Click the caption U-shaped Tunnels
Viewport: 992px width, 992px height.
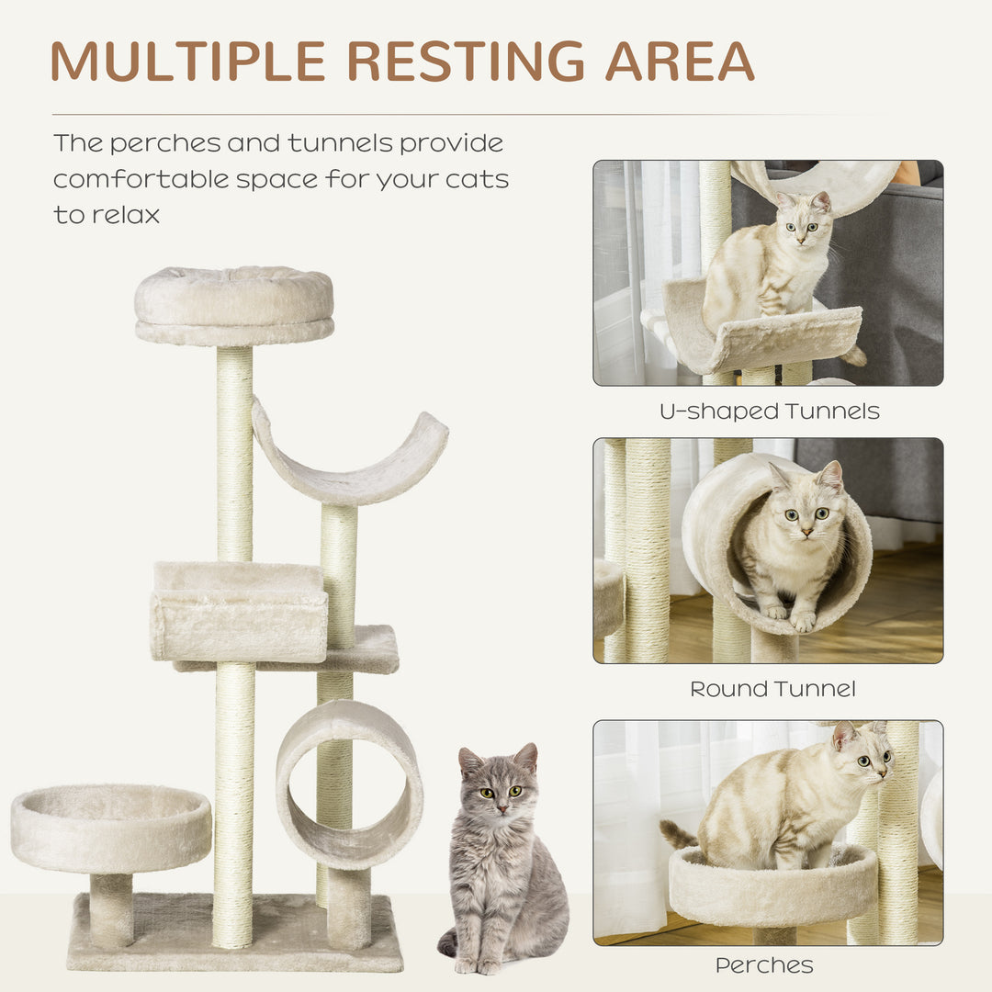(769, 411)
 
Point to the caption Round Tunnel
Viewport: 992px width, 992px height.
(772, 689)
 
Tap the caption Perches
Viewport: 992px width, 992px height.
(764, 965)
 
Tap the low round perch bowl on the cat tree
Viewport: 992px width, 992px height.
(111, 827)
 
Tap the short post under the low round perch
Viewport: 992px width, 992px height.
(111, 909)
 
